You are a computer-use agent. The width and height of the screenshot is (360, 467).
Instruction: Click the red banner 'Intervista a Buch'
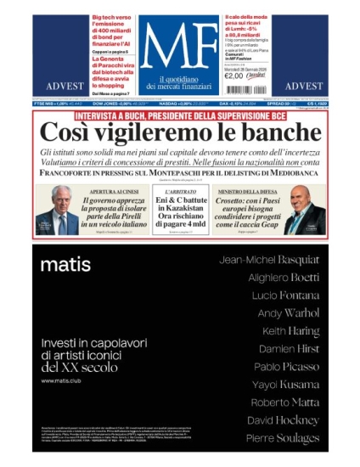179,115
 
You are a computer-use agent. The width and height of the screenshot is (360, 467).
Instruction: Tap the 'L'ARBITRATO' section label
180,193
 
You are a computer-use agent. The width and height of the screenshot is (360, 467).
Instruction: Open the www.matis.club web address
61,380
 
